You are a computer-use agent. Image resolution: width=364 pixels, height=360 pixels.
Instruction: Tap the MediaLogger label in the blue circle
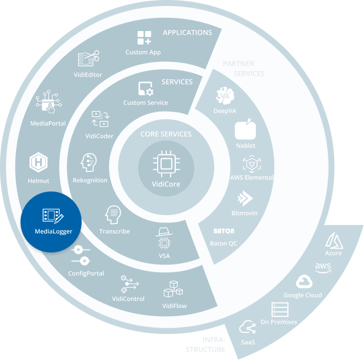click(54, 231)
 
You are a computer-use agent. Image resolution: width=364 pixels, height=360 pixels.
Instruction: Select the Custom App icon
click(144, 38)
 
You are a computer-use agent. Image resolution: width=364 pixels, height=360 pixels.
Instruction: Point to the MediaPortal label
click(48, 123)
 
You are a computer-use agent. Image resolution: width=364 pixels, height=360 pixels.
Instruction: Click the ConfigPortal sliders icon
click(81, 255)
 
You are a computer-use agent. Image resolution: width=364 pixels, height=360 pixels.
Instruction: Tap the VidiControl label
click(128, 298)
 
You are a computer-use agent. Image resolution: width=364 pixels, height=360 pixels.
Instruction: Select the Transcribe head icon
click(114, 215)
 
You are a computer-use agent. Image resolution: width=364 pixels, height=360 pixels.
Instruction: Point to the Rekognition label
click(90, 180)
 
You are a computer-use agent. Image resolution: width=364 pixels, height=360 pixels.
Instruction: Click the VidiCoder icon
click(100, 119)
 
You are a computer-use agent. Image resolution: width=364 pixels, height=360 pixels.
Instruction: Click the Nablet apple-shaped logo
click(245, 130)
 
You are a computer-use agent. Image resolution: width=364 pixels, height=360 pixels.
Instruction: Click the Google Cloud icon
click(303, 281)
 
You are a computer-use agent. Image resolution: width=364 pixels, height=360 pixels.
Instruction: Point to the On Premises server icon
click(277, 309)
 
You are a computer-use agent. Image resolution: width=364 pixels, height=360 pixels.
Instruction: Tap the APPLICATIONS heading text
click(187, 32)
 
